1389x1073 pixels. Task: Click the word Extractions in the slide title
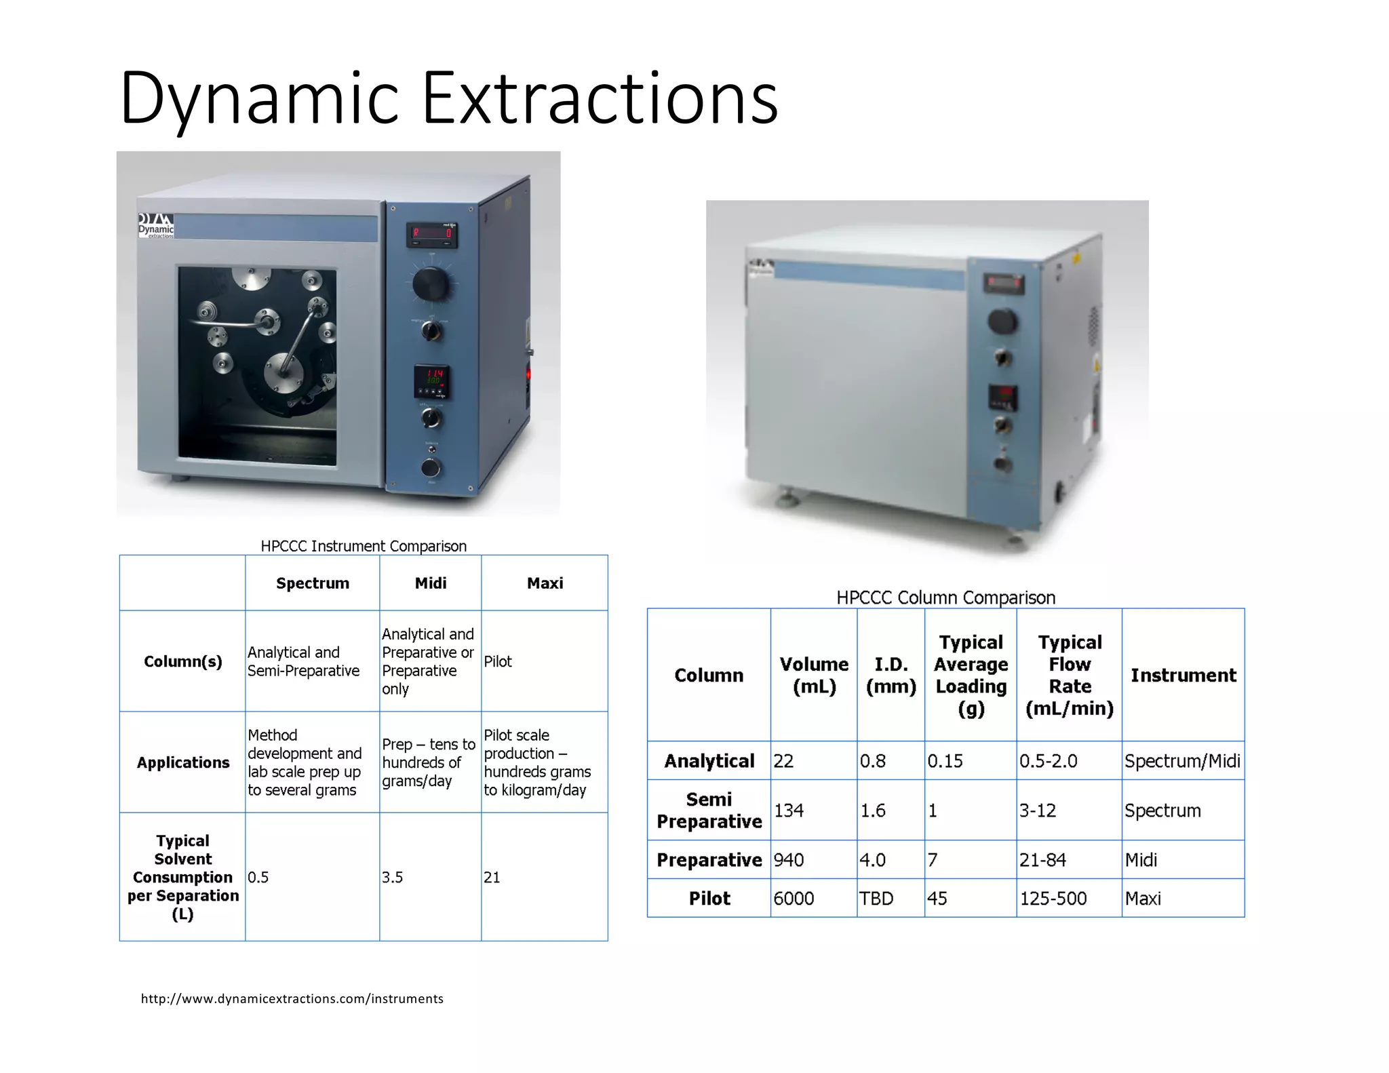click(600, 98)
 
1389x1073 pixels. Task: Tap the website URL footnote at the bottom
click(292, 998)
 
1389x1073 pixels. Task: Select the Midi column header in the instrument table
click(431, 583)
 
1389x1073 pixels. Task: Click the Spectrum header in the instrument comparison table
click(313, 583)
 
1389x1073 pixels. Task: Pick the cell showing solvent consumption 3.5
click(393, 877)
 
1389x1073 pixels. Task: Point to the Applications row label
click(183, 762)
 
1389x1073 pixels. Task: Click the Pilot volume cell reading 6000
click(794, 898)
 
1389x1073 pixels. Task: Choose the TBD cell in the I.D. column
click(876, 898)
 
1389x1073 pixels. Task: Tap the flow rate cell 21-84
click(1042, 860)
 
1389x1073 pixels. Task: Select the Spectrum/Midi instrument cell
click(1182, 761)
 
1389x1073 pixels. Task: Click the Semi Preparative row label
click(709, 811)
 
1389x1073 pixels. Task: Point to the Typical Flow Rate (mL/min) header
click(1070, 675)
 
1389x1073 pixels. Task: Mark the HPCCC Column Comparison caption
click(945, 598)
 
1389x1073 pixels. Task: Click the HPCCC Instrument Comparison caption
click(364, 546)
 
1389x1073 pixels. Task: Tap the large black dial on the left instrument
click(431, 284)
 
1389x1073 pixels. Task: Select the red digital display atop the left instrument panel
click(432, 235)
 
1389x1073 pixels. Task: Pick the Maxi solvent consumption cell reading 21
click(492, 877)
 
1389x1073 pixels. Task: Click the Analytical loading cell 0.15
click(945, 761)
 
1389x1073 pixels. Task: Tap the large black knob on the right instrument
click(1002, 321)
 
